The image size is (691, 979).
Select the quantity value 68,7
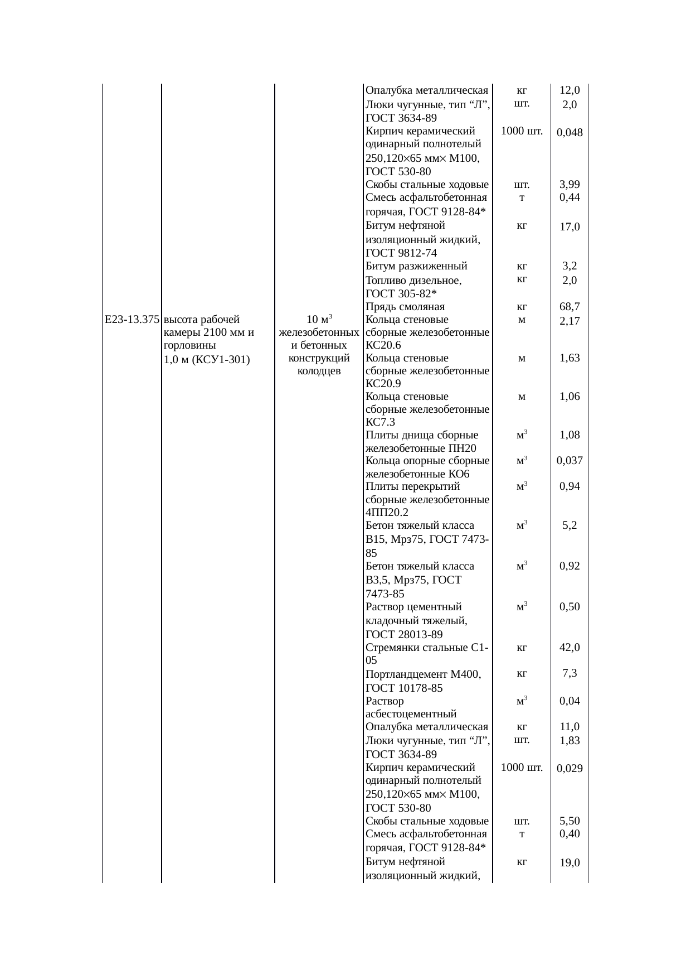tap(570, 306)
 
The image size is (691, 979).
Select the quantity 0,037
tap(570, 461)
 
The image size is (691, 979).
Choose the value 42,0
tap(570, 648)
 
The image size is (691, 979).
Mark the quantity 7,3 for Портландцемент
tap(570, 673)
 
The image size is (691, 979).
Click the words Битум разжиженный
tap(416, 266)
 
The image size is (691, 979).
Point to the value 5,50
tap(570, 821)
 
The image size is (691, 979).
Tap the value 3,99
tap(570, 185)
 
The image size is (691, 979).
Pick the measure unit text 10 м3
tap(319, 320)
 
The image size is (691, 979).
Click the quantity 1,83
tap(570, 741)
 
